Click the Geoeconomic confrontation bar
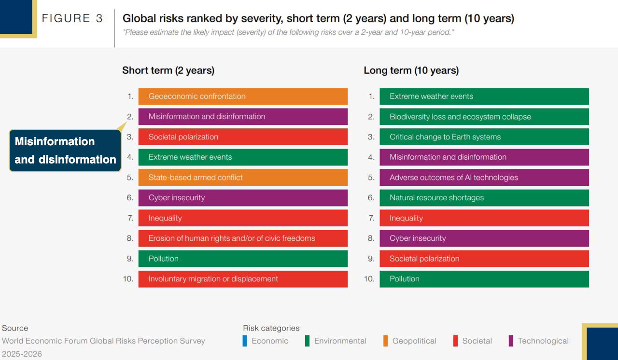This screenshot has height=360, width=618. [243, 96]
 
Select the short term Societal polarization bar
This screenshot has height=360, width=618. [243, 137]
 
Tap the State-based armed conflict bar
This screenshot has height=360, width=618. [243, 177]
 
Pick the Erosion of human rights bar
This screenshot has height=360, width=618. [243, 238]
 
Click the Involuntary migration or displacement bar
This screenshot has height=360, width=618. [243, 279]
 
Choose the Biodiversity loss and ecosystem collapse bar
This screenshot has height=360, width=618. [484, 117]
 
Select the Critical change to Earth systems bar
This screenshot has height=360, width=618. [484, 137]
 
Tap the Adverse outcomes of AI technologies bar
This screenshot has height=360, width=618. [484, 177]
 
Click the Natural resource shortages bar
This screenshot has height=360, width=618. [484, 198]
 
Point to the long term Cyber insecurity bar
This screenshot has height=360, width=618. [484, 238]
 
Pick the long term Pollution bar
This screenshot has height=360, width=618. [484, 279]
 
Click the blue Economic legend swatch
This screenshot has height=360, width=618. [245, 341]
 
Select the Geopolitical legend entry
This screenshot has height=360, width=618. [410, 341]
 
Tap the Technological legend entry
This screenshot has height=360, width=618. [538, 341]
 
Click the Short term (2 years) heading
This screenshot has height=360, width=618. [169, 70]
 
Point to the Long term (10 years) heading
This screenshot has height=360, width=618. [411, 70]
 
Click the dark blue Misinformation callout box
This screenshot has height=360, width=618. [65, 151]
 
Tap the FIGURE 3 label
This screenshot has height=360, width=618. [72, 18]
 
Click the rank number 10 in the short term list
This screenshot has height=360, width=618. [128, 279]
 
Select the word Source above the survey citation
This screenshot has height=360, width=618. [15, 328]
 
